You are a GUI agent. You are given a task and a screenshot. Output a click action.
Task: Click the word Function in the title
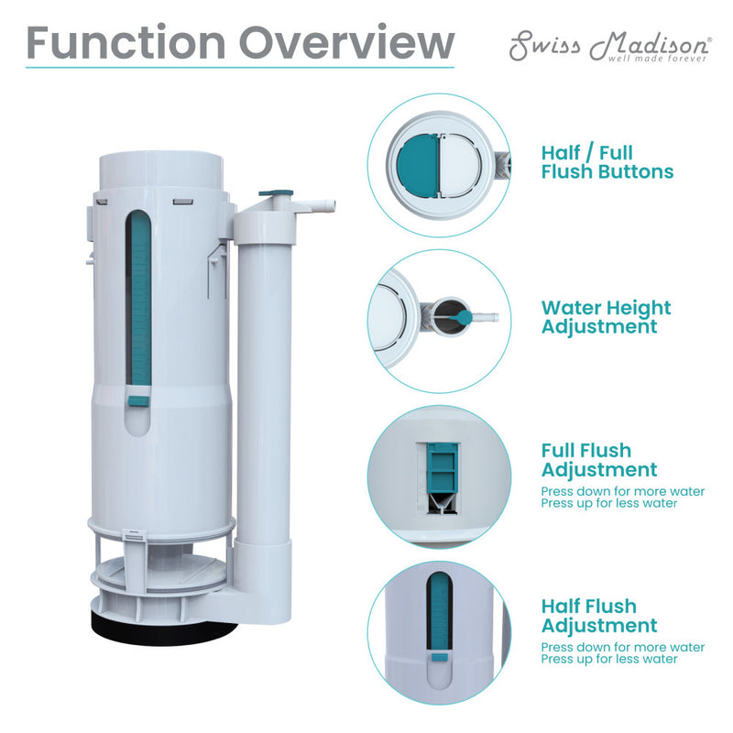tap(126, 42)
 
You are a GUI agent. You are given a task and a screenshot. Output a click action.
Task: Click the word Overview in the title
tap(346, 42)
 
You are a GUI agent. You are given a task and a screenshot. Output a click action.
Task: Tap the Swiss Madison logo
tap(610, 46)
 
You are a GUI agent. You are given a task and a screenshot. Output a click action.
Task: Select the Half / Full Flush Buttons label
tap(607, 162)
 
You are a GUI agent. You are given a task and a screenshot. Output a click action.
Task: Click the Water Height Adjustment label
tap(606, 318)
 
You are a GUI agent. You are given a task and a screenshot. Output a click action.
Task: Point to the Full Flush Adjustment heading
tap(599, 461)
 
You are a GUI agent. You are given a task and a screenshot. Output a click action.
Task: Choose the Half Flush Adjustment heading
tap(599, 616)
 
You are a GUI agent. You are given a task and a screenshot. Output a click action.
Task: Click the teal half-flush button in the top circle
tap(417, 166)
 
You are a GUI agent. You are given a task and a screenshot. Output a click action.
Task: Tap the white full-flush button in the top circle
tap(460, 165)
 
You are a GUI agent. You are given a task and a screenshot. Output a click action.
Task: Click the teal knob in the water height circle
tap(463, 318)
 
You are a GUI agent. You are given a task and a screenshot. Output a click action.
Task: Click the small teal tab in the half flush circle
tap(440, 658)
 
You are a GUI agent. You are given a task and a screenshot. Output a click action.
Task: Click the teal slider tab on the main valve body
tap(138, 401)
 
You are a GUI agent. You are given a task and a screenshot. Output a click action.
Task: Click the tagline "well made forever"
tap(657, 59)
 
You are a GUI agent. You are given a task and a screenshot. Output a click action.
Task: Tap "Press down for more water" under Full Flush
tap(623, 491)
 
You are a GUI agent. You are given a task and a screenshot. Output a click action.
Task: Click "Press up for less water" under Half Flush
tap(609, 659)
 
